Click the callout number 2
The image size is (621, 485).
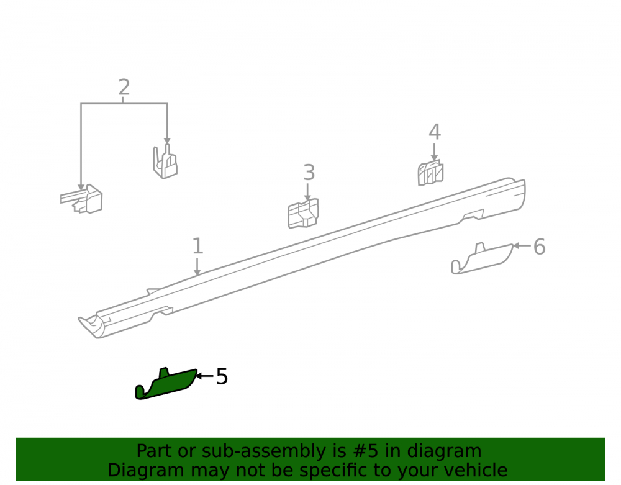click(124, 87)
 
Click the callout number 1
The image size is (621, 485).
click(197, 246)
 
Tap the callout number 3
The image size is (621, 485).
click(309, 172)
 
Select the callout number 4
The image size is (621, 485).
click(435, 132)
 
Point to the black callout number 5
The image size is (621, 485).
click(222, 376)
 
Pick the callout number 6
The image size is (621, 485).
click(540, 247)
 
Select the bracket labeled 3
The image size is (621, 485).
click(303, 214)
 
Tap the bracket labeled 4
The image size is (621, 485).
click(430, 173)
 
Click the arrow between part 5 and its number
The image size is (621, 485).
click(205, 376)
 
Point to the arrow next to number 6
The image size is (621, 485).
click(522, 246)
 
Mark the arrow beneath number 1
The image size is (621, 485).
click(197, 266)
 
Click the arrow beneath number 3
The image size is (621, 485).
click(307, 192)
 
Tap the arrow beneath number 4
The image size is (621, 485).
click(434, 152)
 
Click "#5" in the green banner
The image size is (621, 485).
click(365, 451)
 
